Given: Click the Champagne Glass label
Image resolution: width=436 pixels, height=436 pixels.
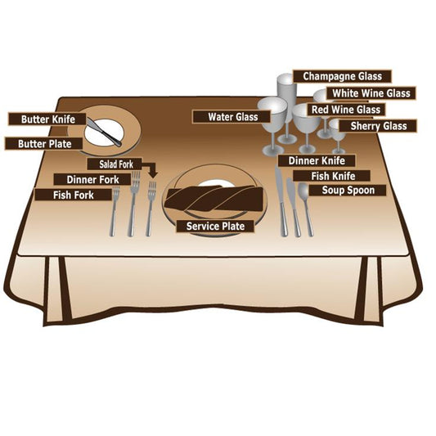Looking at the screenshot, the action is pos(342,76).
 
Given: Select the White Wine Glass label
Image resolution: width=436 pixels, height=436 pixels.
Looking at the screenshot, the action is pos(371,93).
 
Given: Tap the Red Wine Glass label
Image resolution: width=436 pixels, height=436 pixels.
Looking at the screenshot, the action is pos(346,110).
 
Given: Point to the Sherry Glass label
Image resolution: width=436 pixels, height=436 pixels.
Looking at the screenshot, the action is pos(378,126).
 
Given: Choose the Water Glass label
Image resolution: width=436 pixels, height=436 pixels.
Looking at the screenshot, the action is pos(231,117).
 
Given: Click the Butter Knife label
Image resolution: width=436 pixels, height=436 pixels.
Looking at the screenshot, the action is pos(47,119).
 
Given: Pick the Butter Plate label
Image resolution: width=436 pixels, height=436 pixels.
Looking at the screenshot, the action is pos(43,144).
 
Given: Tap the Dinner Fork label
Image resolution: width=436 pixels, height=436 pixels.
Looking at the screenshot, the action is pos(92,180).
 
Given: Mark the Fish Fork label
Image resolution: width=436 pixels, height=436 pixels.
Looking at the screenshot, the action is pos(73,195).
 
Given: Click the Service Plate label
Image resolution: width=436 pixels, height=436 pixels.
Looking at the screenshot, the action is pos(215,226).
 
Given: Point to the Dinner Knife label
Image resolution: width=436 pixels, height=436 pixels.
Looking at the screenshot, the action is pos(317,160).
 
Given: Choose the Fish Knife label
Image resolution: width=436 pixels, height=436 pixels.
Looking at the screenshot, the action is pos(332,176).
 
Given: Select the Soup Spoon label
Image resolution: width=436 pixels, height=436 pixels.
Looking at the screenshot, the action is pos(348,191).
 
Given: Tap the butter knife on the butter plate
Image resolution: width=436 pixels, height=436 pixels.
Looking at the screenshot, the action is pos(104,132).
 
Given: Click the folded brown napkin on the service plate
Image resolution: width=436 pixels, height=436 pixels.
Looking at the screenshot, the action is pos(214,197).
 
